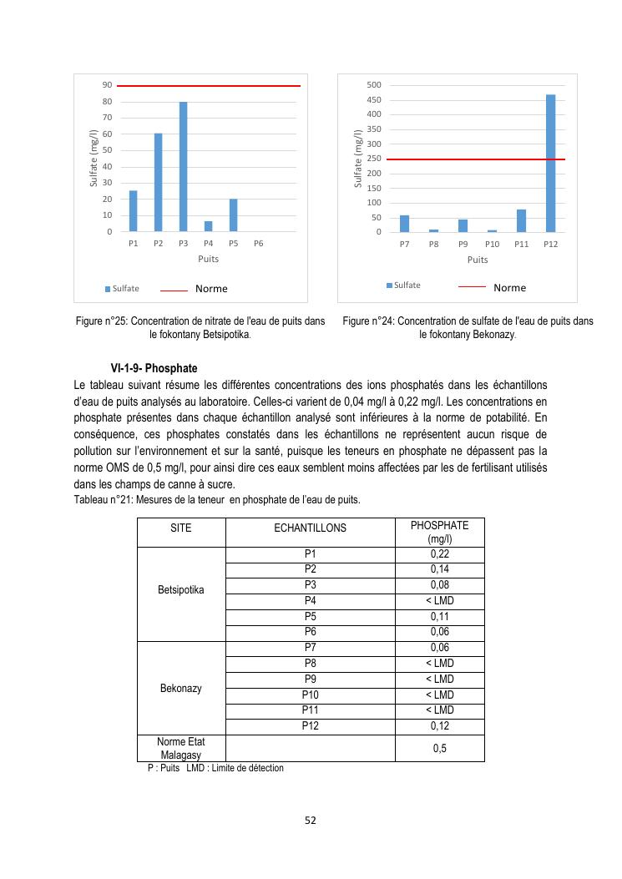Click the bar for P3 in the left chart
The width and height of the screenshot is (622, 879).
tap(183, 167)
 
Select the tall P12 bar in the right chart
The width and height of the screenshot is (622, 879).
tap(550, 164)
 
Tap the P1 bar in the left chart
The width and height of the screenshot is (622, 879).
tap(133, 211)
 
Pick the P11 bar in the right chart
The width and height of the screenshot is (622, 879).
tap(521, 220)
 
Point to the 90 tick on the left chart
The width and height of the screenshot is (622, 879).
tap(107, 85)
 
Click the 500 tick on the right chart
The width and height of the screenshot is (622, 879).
tap(374, 85)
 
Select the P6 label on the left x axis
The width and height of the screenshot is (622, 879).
tap(258, 244)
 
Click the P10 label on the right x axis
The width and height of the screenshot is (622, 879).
tap(492, 244)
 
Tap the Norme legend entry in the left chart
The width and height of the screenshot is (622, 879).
tap(210, 289)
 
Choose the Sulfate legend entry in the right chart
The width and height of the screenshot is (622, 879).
tap(407, 285)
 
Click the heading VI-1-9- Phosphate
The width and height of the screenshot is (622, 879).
tap(154, 368)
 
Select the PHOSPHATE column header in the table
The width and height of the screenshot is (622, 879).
tap(439, 532)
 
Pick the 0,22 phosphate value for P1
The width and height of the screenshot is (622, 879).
tap(439, 554)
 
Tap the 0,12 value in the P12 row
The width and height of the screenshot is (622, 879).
tap(439, 726)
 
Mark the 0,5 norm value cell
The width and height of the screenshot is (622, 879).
tap(439, 748)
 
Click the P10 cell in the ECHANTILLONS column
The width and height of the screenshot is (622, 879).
tap(310, 695)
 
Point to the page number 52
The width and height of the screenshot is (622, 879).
tap(311, 820)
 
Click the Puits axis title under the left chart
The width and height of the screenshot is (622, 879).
tap(208, 260)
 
